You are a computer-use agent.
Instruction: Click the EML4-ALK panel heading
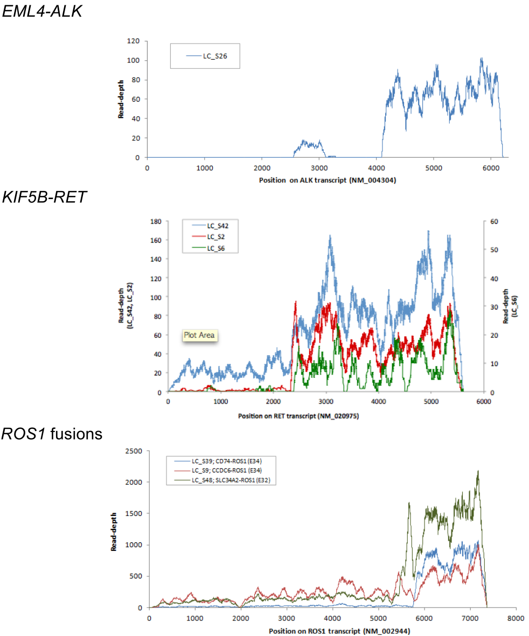coord(42,11)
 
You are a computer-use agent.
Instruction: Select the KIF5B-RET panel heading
coord(44,197)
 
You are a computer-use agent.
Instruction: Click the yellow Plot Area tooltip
coord(199,335)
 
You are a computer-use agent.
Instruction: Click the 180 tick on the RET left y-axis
coord(157,221)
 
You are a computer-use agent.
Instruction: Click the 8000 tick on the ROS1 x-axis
coord(515,618)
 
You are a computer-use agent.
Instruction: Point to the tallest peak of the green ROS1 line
coord(477,472)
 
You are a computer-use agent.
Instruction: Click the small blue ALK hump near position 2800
coord(309,143)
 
